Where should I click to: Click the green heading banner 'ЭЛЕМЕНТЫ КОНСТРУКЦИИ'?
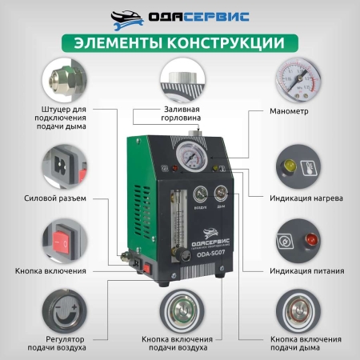coord(180,42)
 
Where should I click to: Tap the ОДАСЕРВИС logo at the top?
coord(180,16)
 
